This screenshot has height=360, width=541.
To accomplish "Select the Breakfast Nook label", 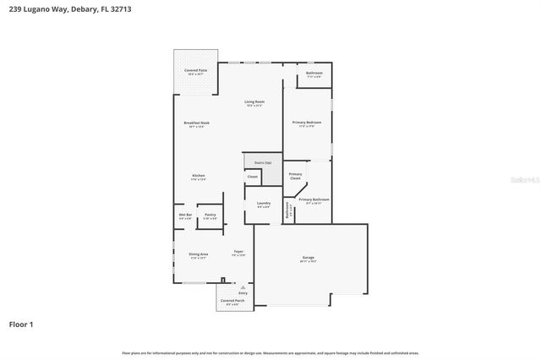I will coord(197,123).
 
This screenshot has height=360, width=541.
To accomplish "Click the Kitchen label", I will coord(198,176).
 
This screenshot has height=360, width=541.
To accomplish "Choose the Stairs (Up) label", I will coord(262,162).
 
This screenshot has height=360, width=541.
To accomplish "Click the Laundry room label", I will coord(263,204).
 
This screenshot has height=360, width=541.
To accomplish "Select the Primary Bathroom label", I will coord(314,200).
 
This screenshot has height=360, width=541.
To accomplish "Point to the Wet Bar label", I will coord(184,215).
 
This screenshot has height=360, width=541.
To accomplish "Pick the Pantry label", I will coord(210,215).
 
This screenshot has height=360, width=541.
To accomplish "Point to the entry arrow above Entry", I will coord(242,287).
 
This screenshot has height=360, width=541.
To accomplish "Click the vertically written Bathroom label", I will coord(287,210).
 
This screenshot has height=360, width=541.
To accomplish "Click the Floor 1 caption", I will coord(21,324).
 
